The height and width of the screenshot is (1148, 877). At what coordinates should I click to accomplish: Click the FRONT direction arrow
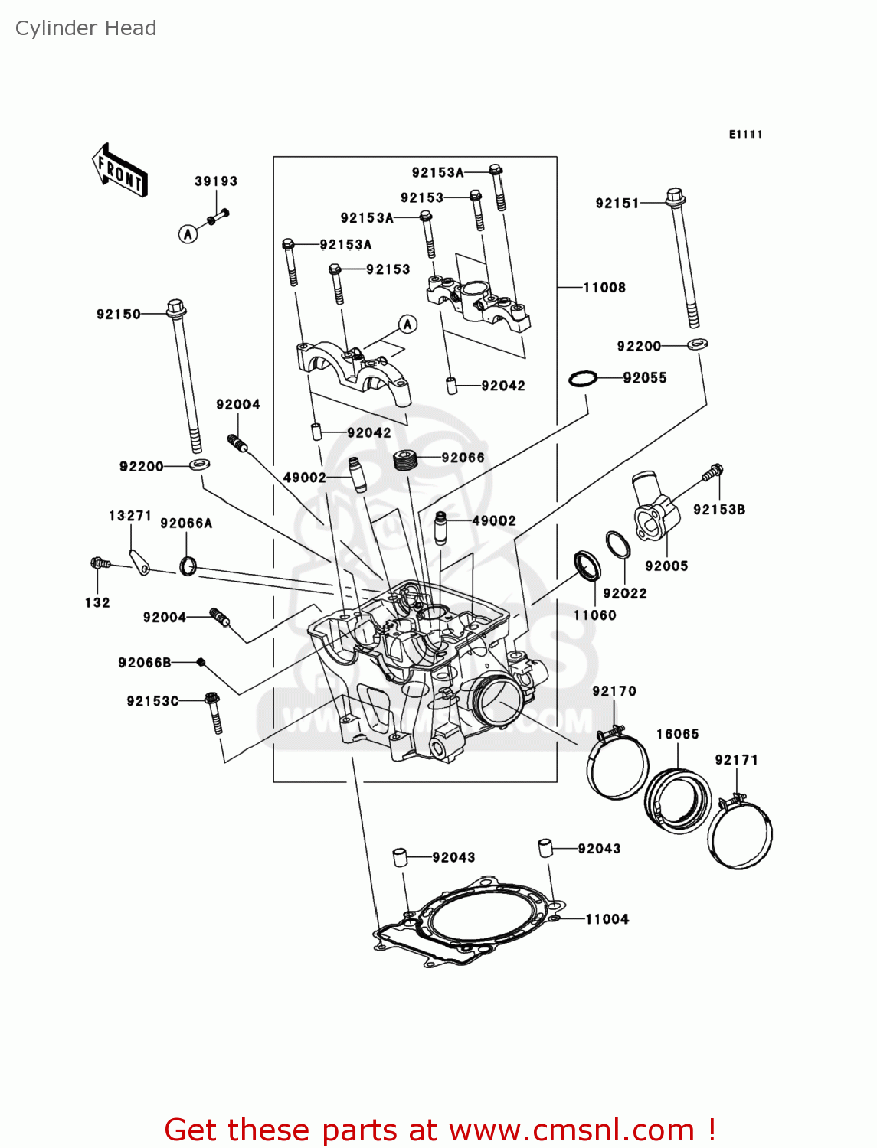[119, 170]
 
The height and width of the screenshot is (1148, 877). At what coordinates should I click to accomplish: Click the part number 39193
[215, 181]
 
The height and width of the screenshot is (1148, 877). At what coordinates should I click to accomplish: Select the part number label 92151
[617, 203]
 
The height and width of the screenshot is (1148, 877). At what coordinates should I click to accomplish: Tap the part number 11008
[604, 288]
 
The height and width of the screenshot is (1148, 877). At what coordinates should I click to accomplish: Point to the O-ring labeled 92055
[583, 378]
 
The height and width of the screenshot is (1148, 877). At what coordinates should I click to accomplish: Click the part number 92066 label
[463, 458]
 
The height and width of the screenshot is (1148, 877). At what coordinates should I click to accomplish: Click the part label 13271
[129, 516]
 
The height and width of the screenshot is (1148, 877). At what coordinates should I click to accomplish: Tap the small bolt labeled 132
[98, 564]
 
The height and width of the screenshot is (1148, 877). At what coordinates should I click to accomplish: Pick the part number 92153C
[152, 701]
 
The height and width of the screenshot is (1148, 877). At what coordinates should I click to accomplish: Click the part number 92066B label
[145, 663]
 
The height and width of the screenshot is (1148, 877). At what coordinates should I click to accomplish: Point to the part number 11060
[594, 615]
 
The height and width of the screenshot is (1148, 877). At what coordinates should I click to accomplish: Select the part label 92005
[666, 566]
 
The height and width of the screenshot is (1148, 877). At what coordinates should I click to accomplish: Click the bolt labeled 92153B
[712, 472]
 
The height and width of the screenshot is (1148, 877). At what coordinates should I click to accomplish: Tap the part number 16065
[677, 734]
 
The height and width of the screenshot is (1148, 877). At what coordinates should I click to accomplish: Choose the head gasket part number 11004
[607, 919]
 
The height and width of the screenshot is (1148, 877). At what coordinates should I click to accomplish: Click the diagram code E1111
[745, 135]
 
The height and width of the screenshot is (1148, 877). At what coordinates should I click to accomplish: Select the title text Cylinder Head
[86, 28]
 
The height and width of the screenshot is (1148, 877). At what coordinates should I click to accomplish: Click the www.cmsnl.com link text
[571, 1130]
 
